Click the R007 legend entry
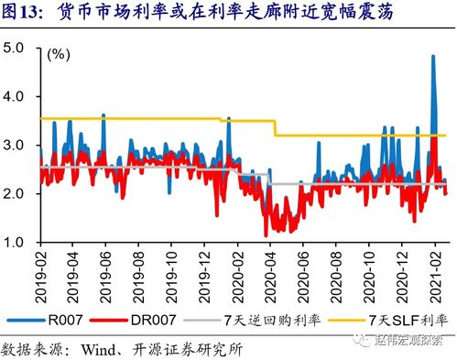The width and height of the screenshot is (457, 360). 69,321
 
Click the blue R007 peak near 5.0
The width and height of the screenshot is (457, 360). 432,57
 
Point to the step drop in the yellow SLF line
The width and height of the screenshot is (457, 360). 275,127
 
